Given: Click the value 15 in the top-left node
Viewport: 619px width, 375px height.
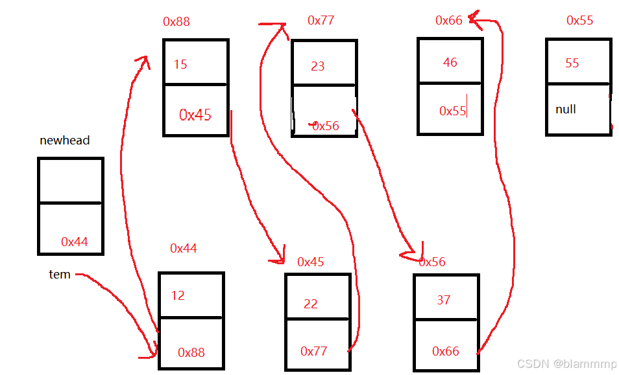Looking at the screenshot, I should point(180,64).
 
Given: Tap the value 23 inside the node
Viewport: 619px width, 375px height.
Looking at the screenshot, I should point(317,66).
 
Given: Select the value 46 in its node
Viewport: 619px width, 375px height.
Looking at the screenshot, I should point(450,63).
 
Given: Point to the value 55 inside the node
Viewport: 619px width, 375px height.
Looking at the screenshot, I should point(572,63).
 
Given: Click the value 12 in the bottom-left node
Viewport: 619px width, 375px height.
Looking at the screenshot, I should point(178,295).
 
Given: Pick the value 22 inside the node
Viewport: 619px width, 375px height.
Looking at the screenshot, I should point(311,304).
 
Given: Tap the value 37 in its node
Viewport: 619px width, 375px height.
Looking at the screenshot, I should point(444,300).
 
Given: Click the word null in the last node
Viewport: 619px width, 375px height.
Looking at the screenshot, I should point(565,109).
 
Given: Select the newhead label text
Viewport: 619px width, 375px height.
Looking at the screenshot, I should point(64,140).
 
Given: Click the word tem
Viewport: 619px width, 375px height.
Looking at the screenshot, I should point(60,275).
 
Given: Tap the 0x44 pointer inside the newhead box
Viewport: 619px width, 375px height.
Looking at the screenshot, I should point(75,242).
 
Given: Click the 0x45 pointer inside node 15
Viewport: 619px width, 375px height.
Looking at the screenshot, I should point(195,115).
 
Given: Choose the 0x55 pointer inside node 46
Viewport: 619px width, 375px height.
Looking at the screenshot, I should point(452,111).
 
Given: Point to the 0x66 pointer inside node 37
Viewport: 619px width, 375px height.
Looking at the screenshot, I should point(446,351).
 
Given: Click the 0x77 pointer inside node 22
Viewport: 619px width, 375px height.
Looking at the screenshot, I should point(313,351).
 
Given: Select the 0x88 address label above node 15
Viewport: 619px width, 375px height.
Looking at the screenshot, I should point(176,21).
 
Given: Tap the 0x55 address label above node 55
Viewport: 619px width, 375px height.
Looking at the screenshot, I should point(579,20).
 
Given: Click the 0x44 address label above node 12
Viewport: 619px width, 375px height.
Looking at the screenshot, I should point(183,248).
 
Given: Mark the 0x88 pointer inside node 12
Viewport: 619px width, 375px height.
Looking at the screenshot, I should point(191,352).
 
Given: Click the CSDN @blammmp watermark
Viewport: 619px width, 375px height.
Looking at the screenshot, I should point(566,364).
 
